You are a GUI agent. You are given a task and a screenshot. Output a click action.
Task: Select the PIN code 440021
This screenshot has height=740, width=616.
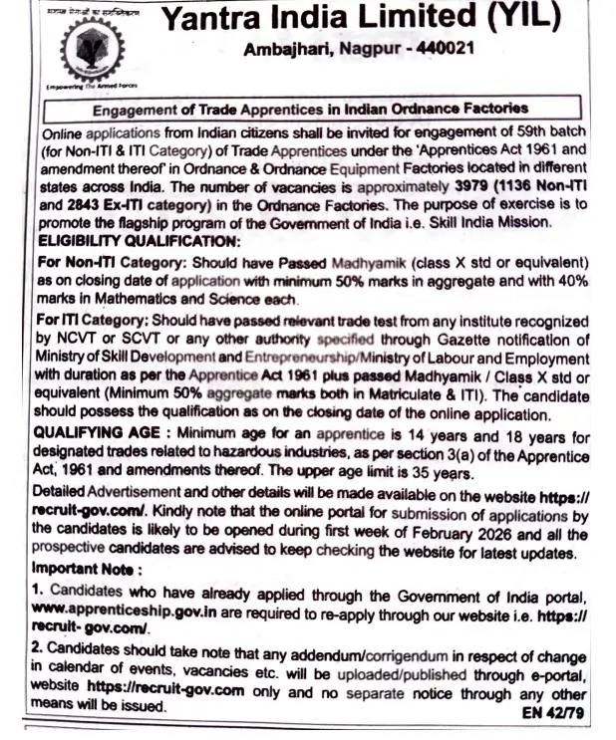point(445,48)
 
